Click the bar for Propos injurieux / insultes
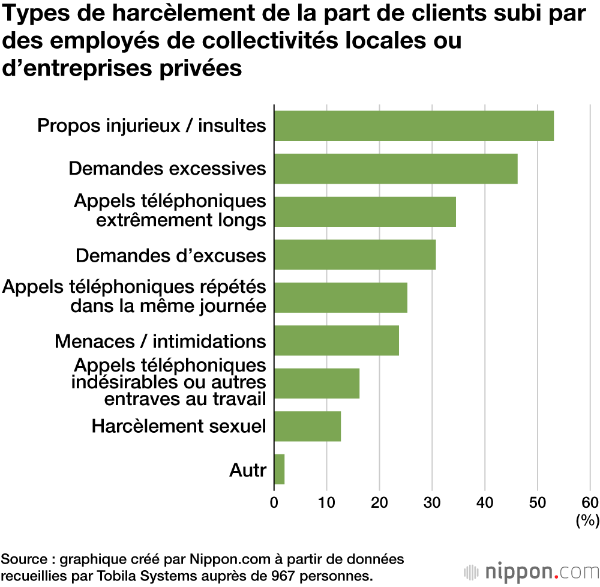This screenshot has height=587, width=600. (413, 125)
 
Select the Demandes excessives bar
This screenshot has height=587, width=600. (395, 169)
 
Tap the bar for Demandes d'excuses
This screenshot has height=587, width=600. (355, 254)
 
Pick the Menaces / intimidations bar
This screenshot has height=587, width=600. (336, 340)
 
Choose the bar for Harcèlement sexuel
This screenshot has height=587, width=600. (307, 426)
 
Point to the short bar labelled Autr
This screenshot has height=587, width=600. (279, 469)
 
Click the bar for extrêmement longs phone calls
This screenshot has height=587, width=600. (365, 211)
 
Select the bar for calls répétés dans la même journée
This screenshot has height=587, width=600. (340, 297)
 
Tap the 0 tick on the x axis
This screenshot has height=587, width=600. (274, 502)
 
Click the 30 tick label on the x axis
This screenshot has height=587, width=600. (432, 502)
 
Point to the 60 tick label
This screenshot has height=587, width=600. (590, 502)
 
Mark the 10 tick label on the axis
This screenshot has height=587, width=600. (326, 502)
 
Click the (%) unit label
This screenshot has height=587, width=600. (587, 520)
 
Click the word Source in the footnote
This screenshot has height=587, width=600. (23, 559)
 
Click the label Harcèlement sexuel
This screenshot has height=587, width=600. (178, 426)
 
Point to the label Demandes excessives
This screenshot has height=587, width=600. (167, 169)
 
